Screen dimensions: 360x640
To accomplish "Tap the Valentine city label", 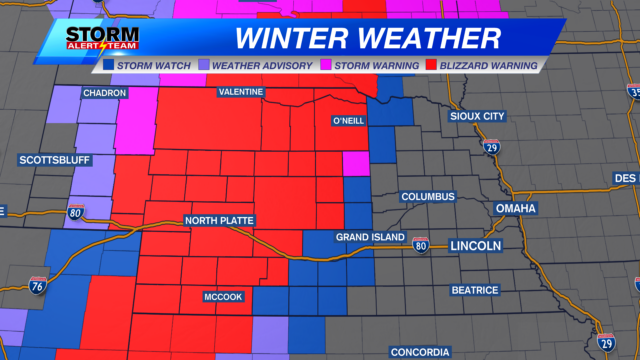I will click(x=241, y=92).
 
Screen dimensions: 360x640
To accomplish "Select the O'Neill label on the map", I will click(x=347, y=121).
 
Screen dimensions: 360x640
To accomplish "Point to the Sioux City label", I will click(x=478, y=116).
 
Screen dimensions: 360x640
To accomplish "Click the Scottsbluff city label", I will click(x=50, y=160).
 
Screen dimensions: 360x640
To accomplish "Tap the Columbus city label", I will click(x=428, y=196).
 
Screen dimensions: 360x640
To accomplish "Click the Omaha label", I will click(x=515, y=208).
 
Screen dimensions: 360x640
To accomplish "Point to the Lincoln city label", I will click(x=475, y=245).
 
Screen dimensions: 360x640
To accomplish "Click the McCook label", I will click(x=223, y=296).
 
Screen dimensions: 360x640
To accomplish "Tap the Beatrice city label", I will click(x=474, y=290).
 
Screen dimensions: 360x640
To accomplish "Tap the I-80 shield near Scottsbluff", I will click(x=76, y=212).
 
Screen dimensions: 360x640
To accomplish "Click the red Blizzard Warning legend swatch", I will click(x=432, y=65).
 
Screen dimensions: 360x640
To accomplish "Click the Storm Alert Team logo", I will click(x=100, y=40).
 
